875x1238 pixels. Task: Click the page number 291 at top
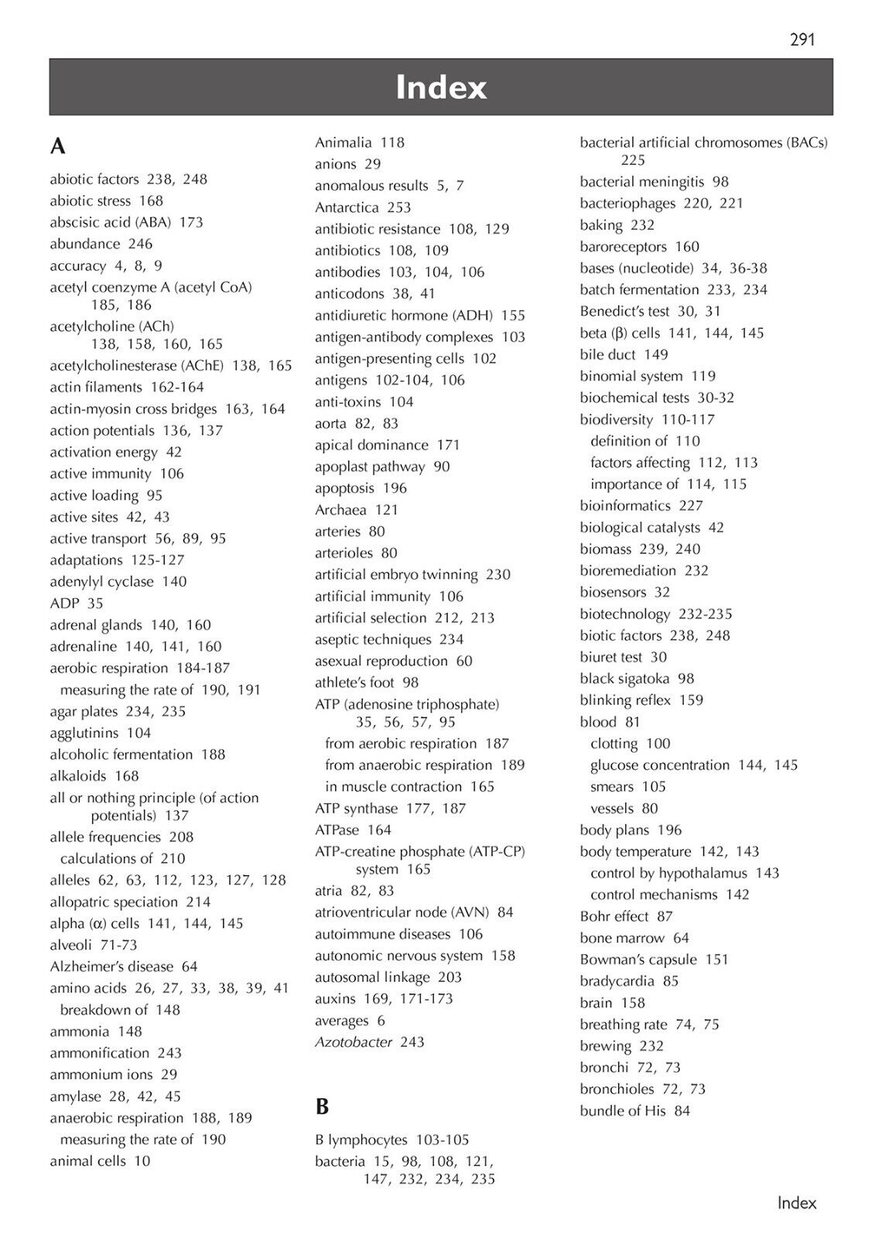pyautogui.click(x=802, y=39)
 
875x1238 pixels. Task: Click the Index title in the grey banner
pyautogui.click(x=441, y=87)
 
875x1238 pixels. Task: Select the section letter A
pyautogui.click(x=58, y=146)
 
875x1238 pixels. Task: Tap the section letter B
pyautogui.click(x=322, y=1106)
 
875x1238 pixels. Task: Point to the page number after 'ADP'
pyautogui.click(x=95, y=603)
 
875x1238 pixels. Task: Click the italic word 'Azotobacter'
pyautogui.click(x=354, y=1042)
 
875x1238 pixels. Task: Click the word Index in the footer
pyautogui.click(x=797, y=1202)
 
